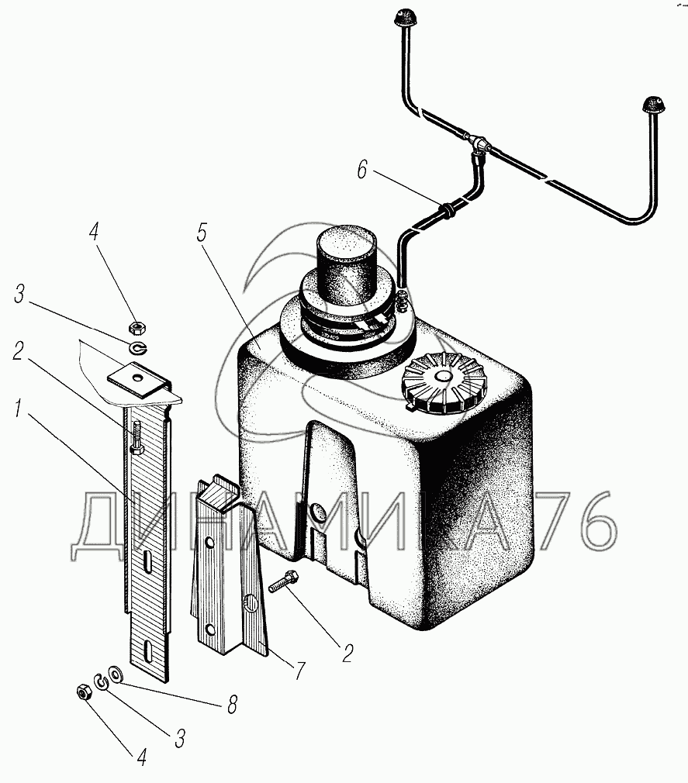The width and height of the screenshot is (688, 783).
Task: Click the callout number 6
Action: (362, 170)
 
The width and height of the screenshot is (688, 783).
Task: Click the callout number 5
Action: (202, 233)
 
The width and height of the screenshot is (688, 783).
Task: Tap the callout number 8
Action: (233, 705)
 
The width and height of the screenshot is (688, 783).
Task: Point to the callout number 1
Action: (19, 411)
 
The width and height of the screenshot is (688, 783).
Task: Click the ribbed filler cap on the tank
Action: (441, 383)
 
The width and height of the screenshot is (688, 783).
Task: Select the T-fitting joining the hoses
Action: (481, 145)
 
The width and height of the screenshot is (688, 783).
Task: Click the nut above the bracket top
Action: (137, 328)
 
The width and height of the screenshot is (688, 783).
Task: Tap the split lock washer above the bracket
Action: (137, 347)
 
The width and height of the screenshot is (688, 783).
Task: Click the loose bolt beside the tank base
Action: (284, 581)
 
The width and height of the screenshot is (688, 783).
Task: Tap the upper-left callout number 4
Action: (94, 233)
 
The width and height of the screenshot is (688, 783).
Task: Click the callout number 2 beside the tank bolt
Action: (347, 654)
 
